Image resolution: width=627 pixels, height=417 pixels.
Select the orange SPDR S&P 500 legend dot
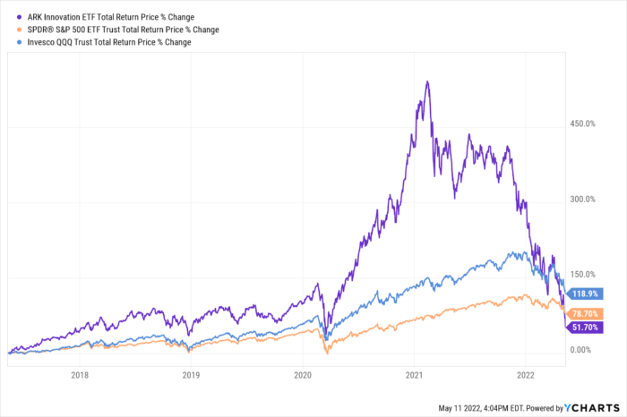tap(11, 30)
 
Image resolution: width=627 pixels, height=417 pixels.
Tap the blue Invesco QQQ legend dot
tap(11, 42)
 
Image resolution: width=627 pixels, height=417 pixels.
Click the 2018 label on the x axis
tap(79, 376)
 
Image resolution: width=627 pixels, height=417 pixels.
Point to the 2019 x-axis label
tap(191, 376)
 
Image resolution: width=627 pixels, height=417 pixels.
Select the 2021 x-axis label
tap(414, 376)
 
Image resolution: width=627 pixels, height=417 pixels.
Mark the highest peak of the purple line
tap(427, 81)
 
